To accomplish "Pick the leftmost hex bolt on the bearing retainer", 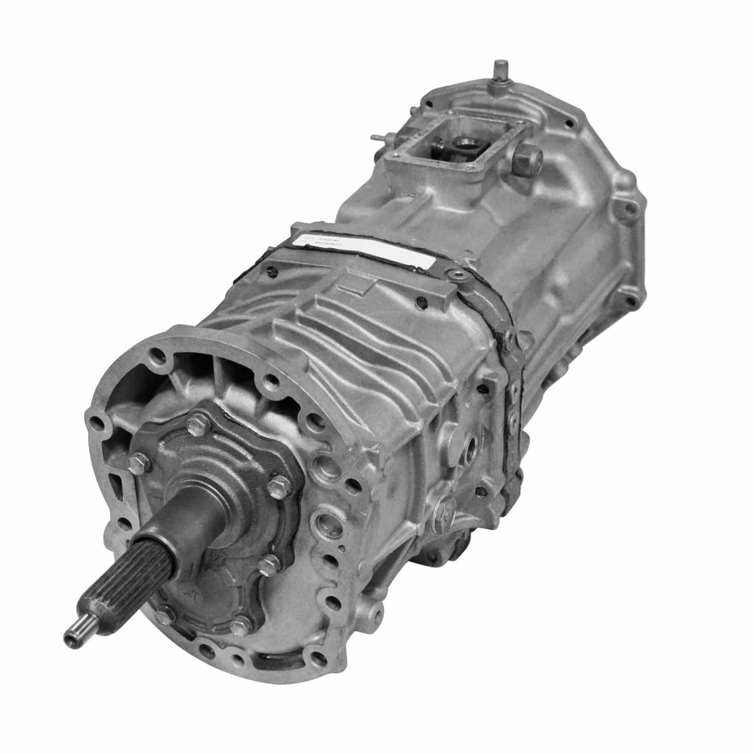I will (136, 461).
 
